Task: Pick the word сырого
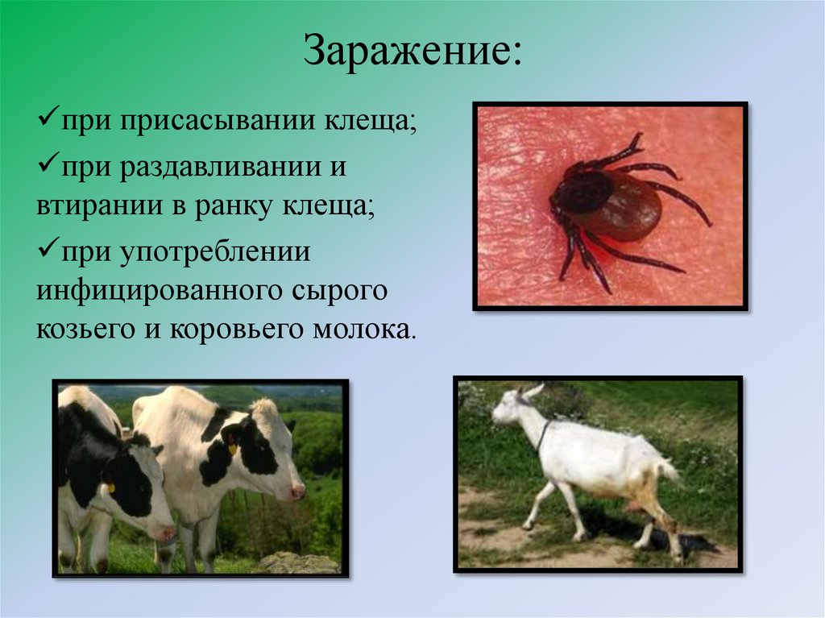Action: (x=338, y=290)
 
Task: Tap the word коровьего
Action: (x=217, y=330)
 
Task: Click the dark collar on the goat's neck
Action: (x=545, y=435)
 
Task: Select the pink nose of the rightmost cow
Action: (x=298, y=491)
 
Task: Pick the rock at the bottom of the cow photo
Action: (x=297, y=562)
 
